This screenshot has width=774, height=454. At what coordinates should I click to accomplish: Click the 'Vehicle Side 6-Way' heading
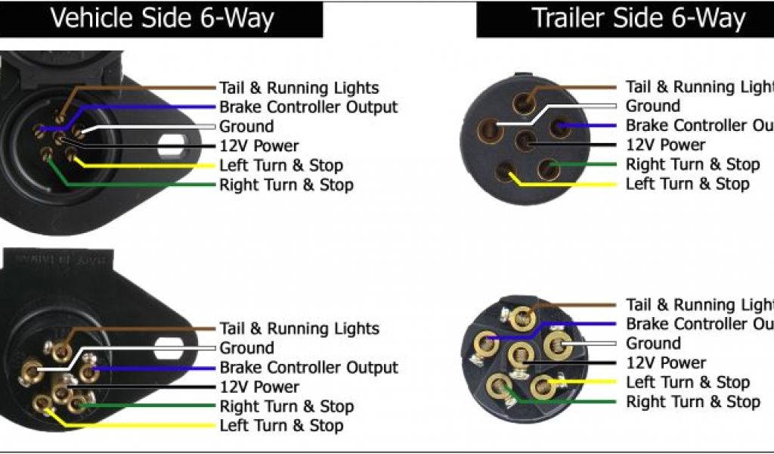tap(162, 17)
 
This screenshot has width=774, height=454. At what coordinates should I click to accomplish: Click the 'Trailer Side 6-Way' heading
tap(639, 17)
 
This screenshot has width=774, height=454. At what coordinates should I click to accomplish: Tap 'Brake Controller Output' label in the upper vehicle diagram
tap(308, 107)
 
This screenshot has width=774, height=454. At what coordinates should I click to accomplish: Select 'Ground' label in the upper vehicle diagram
tap(246, 126)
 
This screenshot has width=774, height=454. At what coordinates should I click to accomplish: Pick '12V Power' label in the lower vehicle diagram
tap(259, 387)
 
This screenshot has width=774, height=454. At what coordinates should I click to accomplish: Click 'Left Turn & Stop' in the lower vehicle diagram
tap(281, 426)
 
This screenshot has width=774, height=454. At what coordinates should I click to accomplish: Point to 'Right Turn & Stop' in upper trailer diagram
tap(692, 164)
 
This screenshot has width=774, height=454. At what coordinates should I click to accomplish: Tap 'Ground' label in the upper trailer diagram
tap(652, 106)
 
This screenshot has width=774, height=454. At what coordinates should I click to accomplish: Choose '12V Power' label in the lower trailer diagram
tap(666, 362)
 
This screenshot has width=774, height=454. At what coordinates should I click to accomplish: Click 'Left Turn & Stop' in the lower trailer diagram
tap(688, 382)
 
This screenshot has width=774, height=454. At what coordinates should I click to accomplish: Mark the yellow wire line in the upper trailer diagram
tap(574, 185)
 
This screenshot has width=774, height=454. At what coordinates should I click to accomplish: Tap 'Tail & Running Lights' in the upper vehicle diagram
tap(299, 88)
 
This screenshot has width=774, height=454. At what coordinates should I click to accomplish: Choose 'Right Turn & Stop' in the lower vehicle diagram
tap(286, 406)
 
